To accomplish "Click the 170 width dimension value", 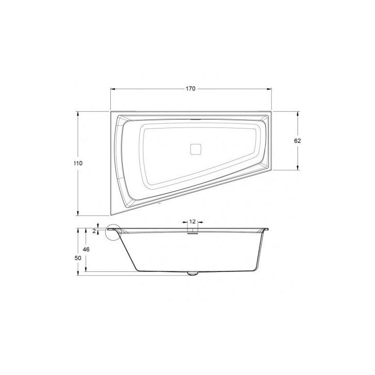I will pyautogui.click(x=190, y=89).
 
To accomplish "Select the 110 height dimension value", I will pyautogui.click(x=78, y=163).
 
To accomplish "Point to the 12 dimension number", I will pyautogui.click(x=192, y=221).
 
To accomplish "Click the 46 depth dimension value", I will pyautogui.click(x=86, y=250).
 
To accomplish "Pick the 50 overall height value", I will pyautogui.click(x=78, y=257).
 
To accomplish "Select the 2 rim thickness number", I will pyautogui.click(x=94, y=230).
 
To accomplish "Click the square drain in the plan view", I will pyautogui.click(x=195, y=149).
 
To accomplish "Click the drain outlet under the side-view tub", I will pyautogui.click(x=192, y=273).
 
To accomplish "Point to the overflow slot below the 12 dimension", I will pyautogui.click(x=192, y=233).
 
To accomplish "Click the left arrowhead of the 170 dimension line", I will pyautogui.click(x=112, y=89).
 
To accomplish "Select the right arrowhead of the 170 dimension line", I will pyautogui.click(x=270, y=89).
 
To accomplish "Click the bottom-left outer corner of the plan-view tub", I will pyautogui.click(x=111, y=215).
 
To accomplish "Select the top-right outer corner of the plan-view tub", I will pyautogui.click(x=272, y=110).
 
